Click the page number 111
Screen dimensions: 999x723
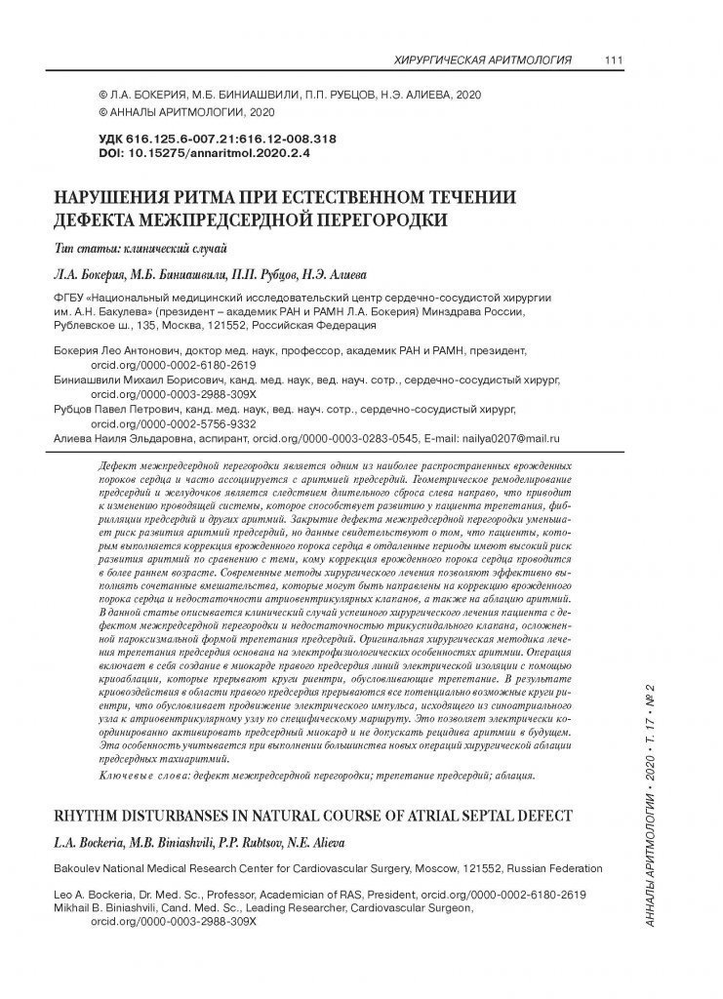pos(614,60)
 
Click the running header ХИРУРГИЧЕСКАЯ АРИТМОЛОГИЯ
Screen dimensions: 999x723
pos(481,60)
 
